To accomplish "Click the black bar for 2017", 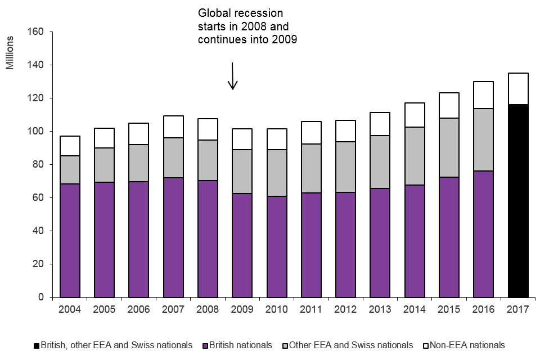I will [518, 200].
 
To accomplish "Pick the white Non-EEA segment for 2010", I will [277, 139].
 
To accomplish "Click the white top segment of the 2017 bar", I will [518, 88].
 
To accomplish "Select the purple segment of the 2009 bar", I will [242, 245].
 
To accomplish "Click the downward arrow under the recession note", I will [232, 76].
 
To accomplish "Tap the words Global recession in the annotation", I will [240, 13].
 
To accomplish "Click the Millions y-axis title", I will [10, 52].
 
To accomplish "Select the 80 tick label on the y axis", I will [38, 165].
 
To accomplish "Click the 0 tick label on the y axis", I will [41, 297].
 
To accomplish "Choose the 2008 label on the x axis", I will [208, 309].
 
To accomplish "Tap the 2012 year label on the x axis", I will [345, 309].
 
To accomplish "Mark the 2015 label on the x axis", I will [449, 309].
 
